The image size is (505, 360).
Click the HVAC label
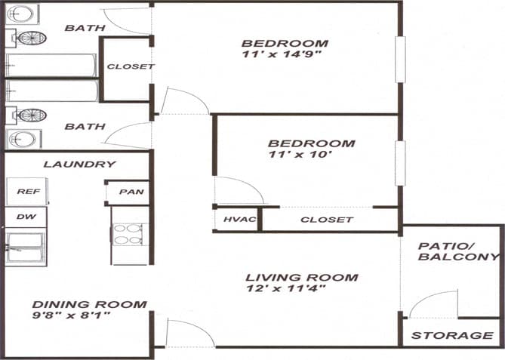(240, 220)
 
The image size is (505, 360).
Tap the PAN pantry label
(131, 192)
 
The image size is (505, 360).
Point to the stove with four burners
(130, 234)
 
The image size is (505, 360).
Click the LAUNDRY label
(79, 164)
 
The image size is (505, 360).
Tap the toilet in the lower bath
(32, 115)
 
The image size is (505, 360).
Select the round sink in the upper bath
(23, 14)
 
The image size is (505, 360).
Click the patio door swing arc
(433, 302)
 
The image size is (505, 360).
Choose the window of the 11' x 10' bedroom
(399, 163)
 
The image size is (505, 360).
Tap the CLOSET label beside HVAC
(326, 220)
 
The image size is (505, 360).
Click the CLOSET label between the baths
(130, 66)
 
